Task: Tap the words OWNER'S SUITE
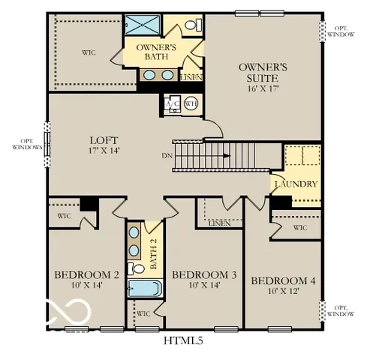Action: [x=259, y=72]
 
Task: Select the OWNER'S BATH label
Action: [x=155, y=52]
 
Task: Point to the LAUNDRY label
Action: [x=296, y=184]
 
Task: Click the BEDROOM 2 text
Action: [x=86, y=275]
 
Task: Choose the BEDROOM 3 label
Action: [x=204, y=276]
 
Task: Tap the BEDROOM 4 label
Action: [x=283, y=280]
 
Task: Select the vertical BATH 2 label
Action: [x=152, y=253]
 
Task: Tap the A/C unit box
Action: [x=170, y=104]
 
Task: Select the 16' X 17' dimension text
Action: [x=259, y=88]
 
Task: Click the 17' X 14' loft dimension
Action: [x=103, y=150]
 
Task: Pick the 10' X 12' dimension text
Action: [x=283, y=291]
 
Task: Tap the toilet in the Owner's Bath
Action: [x=191, y=26]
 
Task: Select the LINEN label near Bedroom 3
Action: [x=218, y=223]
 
